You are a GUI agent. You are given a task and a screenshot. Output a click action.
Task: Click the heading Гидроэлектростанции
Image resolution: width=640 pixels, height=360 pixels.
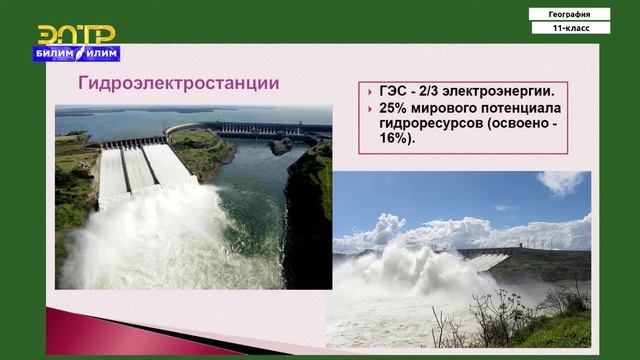click(x=179, y=82)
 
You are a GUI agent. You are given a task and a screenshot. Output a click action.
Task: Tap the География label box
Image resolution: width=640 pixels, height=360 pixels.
click(x=570, y=14)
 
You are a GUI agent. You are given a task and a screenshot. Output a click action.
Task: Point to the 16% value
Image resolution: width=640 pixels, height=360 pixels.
click(x=396, y=140)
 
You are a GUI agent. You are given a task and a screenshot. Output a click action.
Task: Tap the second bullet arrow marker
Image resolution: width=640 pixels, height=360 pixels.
click(x=371, y=108)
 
